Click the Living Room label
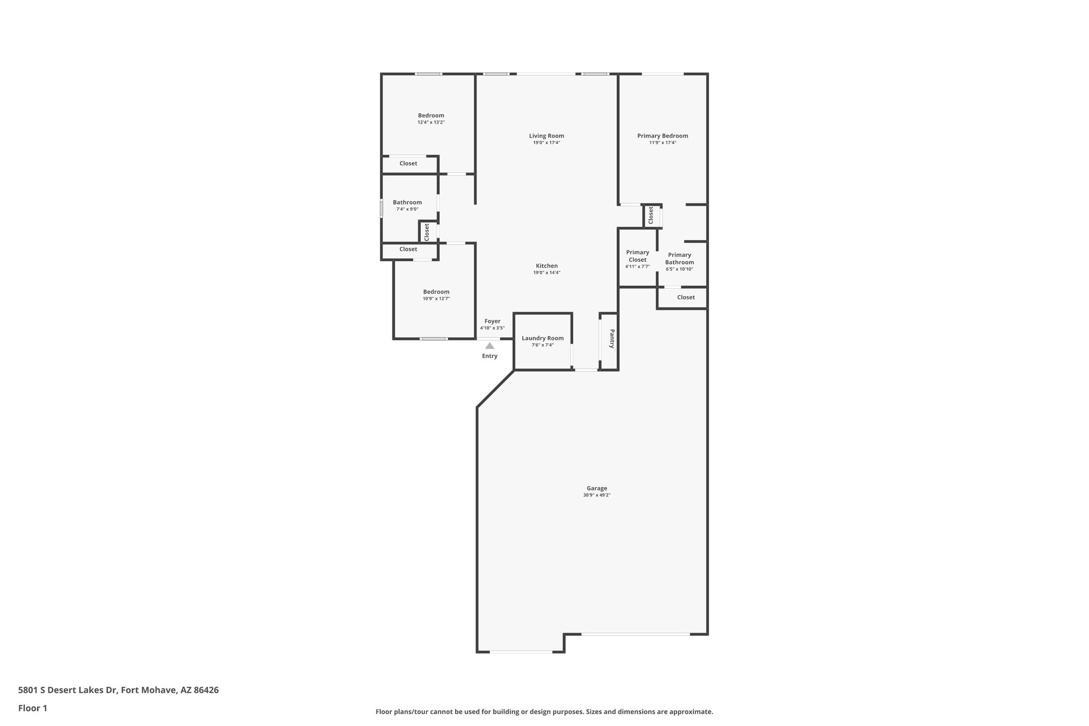coord(546,136)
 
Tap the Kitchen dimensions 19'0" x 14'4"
coord(547,273)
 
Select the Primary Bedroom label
coord(663,136)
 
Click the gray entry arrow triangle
coord(490,346)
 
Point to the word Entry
coord(490,356)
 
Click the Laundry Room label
coord(542,338)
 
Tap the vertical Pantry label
coord(612,339)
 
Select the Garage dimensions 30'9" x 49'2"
coord(597,495)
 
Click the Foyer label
coord(492,321)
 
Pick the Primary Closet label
coord(638,256)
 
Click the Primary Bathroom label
coord(680,258)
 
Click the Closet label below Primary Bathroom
coord(686,297)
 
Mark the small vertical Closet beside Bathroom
coord(426,232)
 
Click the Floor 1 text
coord(33,708)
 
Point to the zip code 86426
coord(206,690)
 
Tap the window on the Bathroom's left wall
coord(381,207)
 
